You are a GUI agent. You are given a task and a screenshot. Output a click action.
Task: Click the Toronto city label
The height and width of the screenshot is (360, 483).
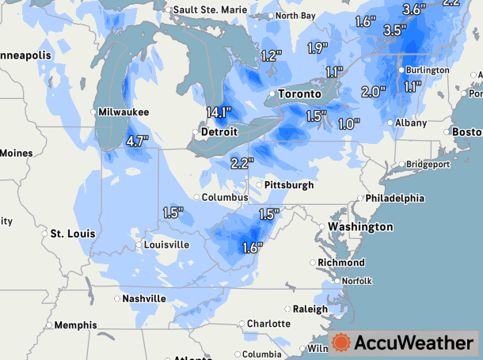[x=299, y=94]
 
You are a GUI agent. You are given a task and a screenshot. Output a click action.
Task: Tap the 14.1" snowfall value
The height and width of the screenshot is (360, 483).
[x=218, y=112]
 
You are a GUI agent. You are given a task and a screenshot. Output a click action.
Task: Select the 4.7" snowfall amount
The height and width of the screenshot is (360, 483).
[x=137, y=142]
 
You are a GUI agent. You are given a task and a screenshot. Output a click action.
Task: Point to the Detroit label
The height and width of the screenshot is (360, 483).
[x=219, y=131]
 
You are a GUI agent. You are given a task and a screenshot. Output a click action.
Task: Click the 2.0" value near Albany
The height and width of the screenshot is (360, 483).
[x=373, y=91]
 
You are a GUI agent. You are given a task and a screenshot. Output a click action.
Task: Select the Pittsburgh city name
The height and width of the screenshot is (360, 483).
[x=287, y=185]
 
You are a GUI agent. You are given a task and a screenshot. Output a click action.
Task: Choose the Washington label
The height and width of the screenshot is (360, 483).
[x=360, y=227]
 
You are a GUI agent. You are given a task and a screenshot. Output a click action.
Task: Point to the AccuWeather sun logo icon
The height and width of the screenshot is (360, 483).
[x=341, y=342]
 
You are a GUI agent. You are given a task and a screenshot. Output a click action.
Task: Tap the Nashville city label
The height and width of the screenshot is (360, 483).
[x=143, y=298]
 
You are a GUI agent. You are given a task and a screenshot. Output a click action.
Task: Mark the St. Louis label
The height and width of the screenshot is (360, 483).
[x=73, y=234]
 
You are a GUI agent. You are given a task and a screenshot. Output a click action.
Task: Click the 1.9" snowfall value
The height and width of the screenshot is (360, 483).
[x=318, y=48]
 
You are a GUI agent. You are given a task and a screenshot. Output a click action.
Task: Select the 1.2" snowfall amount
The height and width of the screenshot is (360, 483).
[x=272, y=56]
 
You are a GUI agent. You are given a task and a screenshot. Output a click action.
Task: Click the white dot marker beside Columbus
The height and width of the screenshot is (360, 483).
[x=197, y=197]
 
